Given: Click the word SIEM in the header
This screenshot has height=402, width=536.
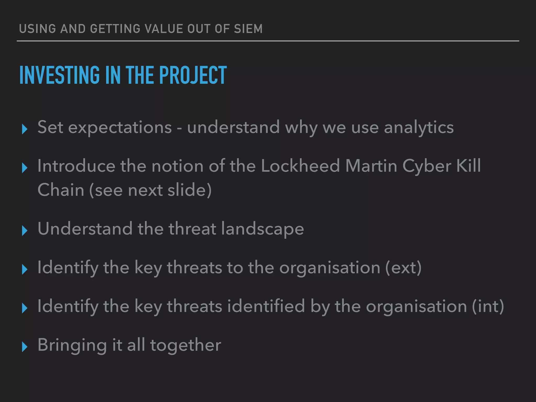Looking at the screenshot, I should click(x=248, y=29).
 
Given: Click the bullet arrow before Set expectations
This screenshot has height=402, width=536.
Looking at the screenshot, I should click(x=25, y=129).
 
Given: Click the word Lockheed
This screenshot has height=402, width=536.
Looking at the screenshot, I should click(x=300, y=166).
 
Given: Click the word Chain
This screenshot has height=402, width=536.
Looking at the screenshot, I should click(x=61, y=190).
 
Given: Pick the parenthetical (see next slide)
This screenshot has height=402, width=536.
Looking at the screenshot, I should click(x=150, y=190).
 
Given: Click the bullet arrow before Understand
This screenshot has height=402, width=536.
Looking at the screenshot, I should click(x=25, y=231).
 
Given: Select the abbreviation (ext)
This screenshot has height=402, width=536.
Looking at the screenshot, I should click(x=403, y=267).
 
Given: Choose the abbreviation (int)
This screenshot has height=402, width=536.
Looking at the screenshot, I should click(x=488, y=306).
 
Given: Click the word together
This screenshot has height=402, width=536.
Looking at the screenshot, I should click(x=186, y=345).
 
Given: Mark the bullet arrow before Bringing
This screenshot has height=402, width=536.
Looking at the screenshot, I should click(x=25, y=347).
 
